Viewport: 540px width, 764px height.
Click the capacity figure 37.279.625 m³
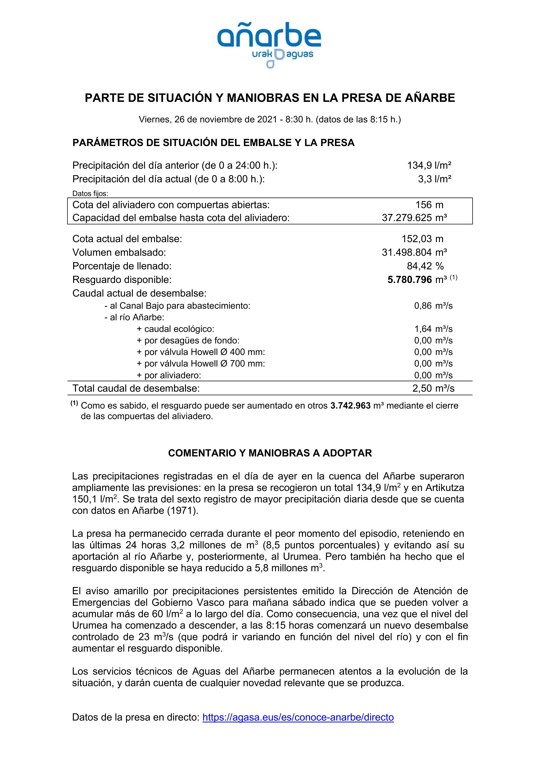pyautogui.click(x=414, y=218)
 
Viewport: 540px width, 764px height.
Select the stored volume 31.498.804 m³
pyautogui.click(x=414, y=253)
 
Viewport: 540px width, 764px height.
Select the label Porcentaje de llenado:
pyautogui.click(x=122, y=266)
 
